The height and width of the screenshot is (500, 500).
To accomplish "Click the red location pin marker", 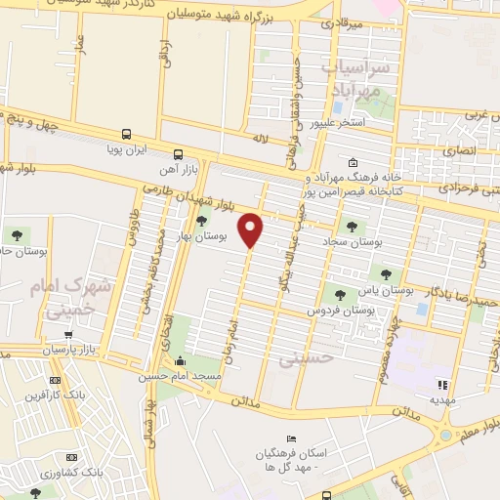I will coord(252,229).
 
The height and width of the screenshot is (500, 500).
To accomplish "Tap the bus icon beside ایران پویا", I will coord(126,136).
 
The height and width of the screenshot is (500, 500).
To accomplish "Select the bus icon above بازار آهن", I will coord(178,154).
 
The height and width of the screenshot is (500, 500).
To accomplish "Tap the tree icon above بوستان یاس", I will coord(386,275).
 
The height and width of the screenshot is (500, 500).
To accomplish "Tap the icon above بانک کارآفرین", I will coord(55,380).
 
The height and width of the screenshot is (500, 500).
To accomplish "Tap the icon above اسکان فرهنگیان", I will coord(288,439).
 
